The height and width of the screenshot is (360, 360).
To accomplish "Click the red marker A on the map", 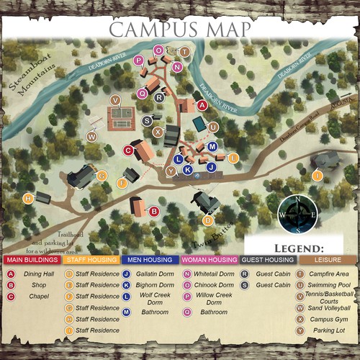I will [202, 105].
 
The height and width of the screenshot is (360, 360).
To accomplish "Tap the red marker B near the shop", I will [153, 211].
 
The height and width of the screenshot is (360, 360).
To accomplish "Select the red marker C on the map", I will [128, 150].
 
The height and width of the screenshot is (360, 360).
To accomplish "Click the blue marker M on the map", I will [212, 146].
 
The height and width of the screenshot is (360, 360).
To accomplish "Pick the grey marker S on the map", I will [148, 120].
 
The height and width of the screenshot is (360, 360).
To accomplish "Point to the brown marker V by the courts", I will [115, 99].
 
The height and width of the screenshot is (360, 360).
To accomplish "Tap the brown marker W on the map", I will [92, 135].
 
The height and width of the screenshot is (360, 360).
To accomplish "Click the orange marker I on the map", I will [317, 175].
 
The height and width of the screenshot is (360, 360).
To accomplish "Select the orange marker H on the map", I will [28, 198].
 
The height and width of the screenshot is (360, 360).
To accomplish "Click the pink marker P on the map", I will [138, 60].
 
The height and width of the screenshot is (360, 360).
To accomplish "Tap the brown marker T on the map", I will [184, 52].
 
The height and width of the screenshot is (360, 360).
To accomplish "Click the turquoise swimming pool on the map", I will [198, 124].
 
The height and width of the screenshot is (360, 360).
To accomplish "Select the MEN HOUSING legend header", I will [150, 259].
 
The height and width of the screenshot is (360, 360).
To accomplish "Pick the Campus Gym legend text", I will [331, 318].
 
